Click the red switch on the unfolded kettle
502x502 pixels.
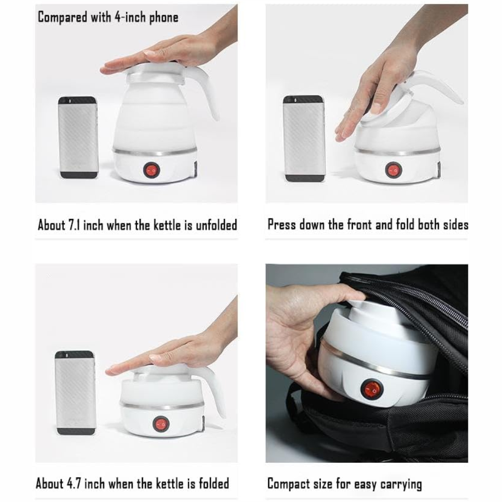point(151,170)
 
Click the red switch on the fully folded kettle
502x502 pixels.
point(161,424)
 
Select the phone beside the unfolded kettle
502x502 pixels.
point(77,138)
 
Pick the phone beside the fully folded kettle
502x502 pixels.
point(76,393)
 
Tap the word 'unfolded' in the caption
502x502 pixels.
point(216,225)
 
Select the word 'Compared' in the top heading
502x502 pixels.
point(62,17)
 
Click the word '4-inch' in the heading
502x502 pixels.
point(130,17)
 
